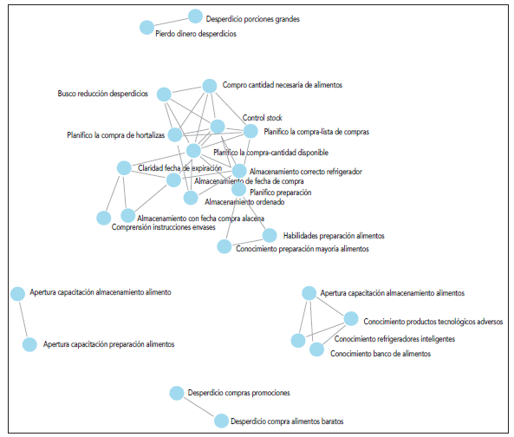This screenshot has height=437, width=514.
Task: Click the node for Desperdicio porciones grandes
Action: pyautogui.click(x=195, y=16)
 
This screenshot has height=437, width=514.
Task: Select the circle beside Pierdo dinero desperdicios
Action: pyautogui.click(x=146, y=28)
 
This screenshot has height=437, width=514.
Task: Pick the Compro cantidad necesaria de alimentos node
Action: pyautogui.click(x=209, y=86)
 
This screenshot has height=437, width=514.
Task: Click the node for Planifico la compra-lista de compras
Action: pyautogui.click(x=250, y=132)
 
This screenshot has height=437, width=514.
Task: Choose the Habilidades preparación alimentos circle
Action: pyautogui.click(x=269, y=236)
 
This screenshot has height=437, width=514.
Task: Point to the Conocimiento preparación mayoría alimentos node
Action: pyautogui.click(x=224, y=247)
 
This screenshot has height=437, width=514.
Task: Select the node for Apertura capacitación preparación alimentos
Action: pyautogui.click(x=29, y=344)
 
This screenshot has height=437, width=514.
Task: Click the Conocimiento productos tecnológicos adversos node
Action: pyautogui.click(x=350, y=318)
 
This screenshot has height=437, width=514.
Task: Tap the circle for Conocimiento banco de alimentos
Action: pyautogui.click(x=316, y=350)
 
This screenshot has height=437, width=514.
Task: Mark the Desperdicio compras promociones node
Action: pyautogui.click(x=177, y=393)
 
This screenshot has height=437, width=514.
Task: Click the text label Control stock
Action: pyautogui.click(x=262, y=118)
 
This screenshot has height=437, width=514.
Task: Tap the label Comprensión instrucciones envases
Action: pyautogui.click(x=164, y=228)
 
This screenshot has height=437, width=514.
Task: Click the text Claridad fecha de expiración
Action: pyautogui.click(x=180, y=167)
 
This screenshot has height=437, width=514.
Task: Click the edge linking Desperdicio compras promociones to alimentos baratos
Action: pyautogui.click(x=198, y=407)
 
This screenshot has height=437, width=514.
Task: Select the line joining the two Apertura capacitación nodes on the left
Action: pyautogui.click(x=23, y=319)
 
